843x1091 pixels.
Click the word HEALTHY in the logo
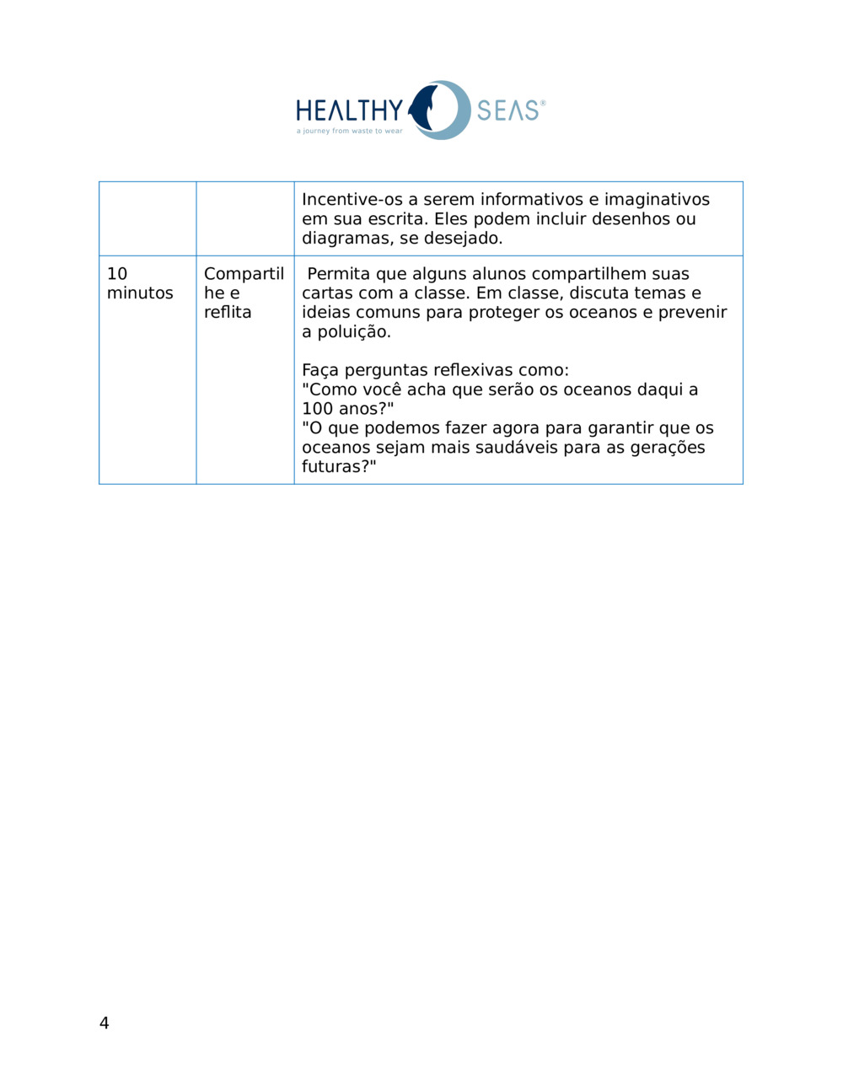(349, 110)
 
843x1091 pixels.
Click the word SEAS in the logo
(507, 110)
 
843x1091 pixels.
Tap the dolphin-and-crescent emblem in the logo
(438, 110)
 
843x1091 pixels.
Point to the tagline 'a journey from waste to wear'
(349, 132)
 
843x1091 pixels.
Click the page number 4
(104, 1023)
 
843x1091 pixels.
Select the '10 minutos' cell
(140, 283)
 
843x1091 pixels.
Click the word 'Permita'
(338, 274)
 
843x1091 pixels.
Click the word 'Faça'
(320, 371)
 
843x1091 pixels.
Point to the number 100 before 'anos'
(318, 409)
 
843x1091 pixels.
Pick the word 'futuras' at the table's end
(335, 467)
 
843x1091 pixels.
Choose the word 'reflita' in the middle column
(228, 312)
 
